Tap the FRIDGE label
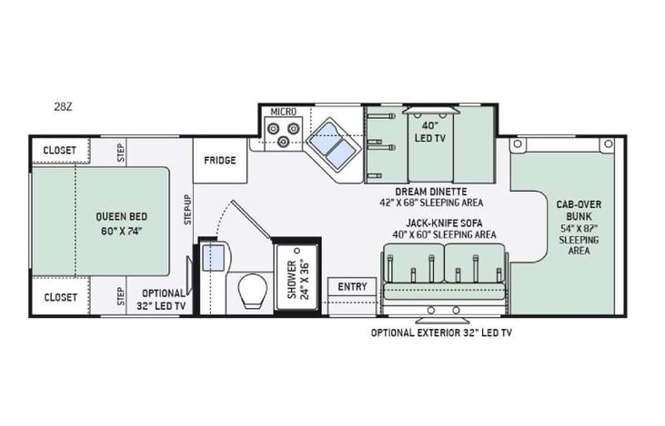pos(220,161)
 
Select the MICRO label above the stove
pos(284,112)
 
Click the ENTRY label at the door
pos(352,287)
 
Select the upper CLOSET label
pos(59,151)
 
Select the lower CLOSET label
pos(59,297)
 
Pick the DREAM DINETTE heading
pos(431,192)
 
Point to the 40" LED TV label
pos(429,131)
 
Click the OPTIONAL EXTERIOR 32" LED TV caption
pos(441,332)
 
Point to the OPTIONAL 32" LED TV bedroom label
pos(163,299)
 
